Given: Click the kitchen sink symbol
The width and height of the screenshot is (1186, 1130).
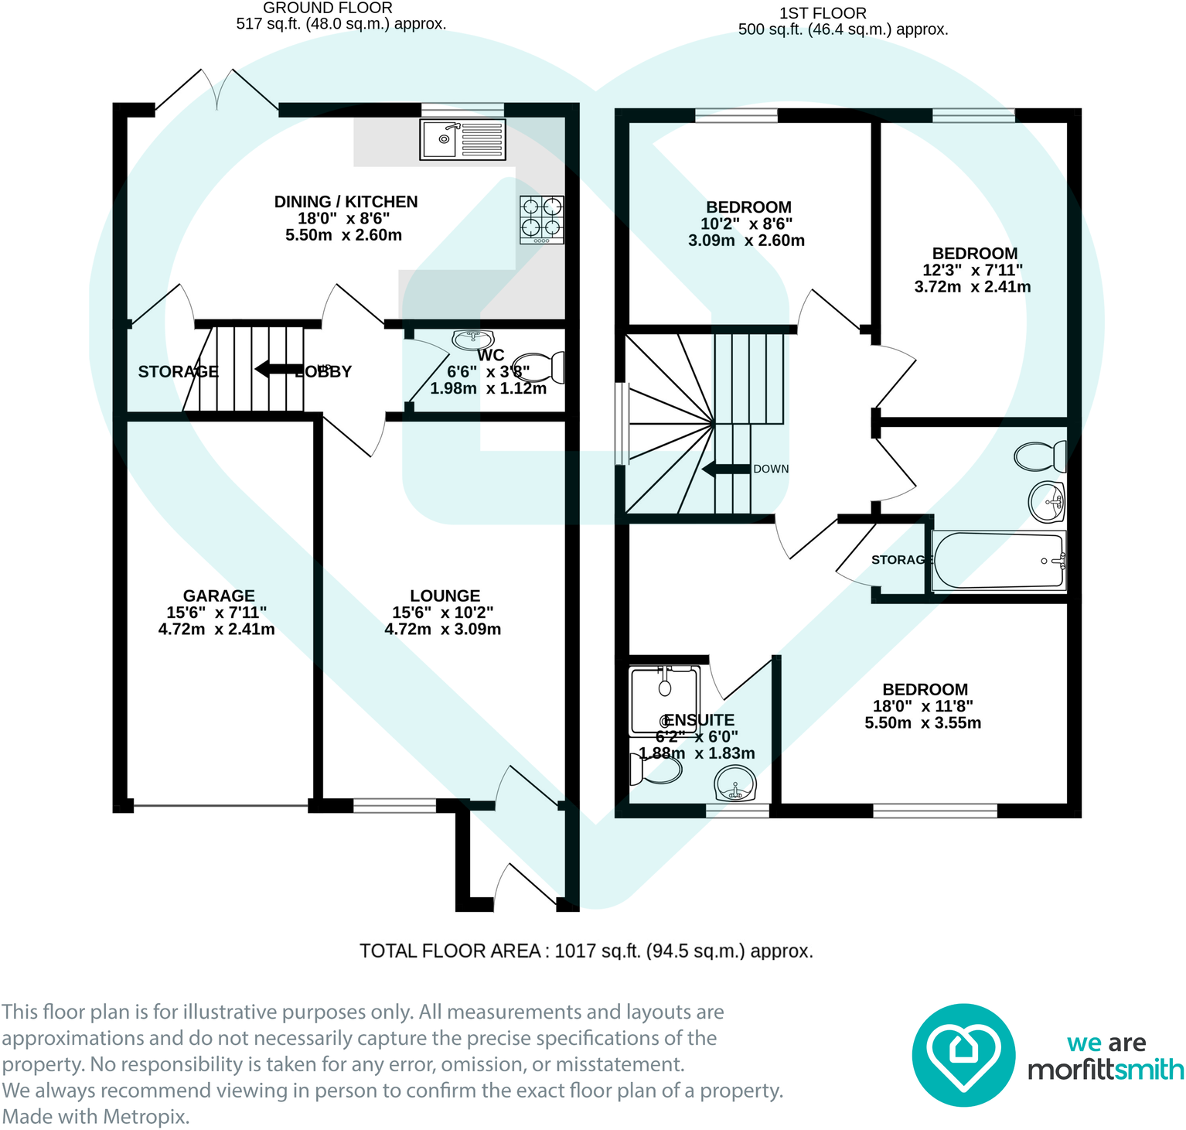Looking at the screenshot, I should coord(462,139).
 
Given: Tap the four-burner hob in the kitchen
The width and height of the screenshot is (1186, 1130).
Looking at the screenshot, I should coord(541,219).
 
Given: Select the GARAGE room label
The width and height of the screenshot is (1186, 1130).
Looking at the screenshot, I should coord(219,596).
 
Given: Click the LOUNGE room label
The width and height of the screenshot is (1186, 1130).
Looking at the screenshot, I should coord(445,596).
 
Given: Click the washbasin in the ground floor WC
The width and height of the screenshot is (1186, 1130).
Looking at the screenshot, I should coord(472,339).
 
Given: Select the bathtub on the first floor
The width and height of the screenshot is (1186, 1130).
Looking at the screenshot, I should coord(998,562).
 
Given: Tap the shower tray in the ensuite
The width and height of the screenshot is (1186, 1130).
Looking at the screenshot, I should coord(665,700).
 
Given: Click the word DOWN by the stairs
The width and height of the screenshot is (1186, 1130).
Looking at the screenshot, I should coord(771,469).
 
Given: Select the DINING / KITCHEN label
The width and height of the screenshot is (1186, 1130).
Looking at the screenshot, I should coord(346,202).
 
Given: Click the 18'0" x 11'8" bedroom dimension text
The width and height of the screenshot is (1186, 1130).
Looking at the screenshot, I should coord(922,706).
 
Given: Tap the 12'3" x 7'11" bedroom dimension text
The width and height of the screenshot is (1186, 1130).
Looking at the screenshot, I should coord(973,270).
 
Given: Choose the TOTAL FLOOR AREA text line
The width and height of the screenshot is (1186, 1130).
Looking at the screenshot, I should coord(586,951).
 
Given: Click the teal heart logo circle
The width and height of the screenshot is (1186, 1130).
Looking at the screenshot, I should coord(963,1055).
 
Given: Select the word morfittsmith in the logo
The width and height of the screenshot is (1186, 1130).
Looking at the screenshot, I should coord(1106,1070).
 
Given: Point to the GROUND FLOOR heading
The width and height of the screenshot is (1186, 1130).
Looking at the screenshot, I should coord(328,8).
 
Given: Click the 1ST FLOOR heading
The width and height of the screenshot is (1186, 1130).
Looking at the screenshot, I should coord(823,13).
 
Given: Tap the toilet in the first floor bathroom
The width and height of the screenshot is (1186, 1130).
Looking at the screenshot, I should coord(1041,456).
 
